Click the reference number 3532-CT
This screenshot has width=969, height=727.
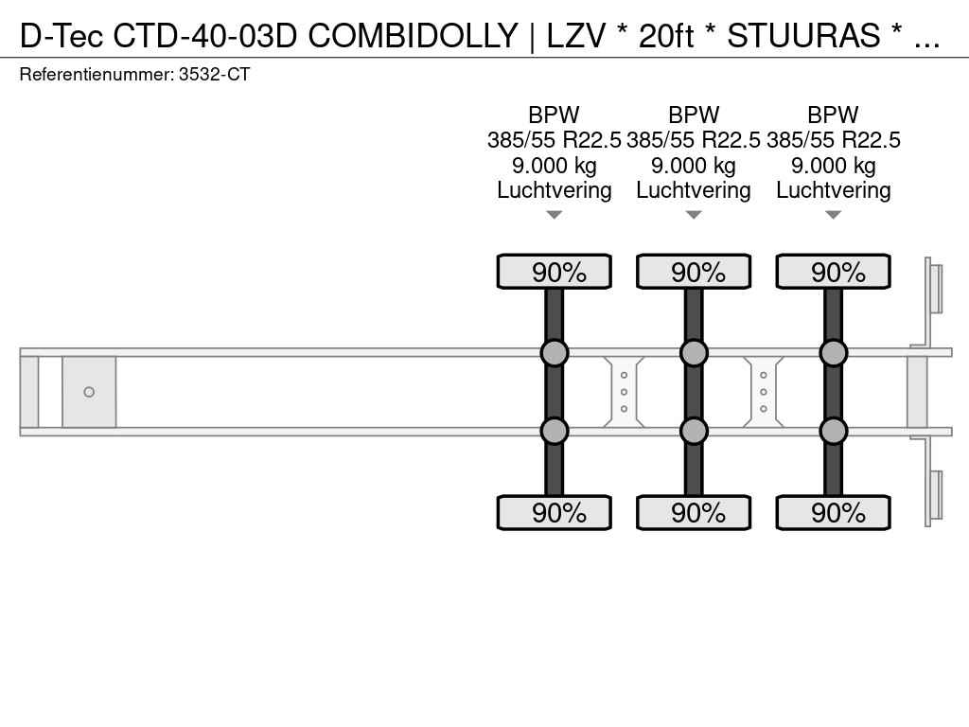[x=214, y=75]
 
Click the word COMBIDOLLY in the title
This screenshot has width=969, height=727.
[x=413, y=36]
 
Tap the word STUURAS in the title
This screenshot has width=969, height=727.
[x=803, y=36]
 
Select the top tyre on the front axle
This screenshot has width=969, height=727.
[x=555, y=272]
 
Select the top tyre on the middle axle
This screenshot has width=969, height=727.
[x=694, y=272]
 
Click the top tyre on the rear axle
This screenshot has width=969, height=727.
[x=833, y=272]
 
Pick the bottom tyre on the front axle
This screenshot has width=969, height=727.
[x=555, y=512]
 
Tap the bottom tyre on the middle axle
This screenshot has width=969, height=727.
[x=694, y=512]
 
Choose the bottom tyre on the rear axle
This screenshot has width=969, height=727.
[x=833, y=512]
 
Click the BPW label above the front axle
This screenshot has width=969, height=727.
[x=554, y=115]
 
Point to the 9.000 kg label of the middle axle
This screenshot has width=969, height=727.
[x=694, y=166]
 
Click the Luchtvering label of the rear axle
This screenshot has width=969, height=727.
[x=833, y=190]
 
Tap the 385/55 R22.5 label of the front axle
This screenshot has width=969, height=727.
[x=554, y=140]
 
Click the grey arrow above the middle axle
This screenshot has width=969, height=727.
[x=694, y=215]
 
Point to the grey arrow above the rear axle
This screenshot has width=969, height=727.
[x=833, y=215]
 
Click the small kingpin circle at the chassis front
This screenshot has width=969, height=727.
[x=89, y=392]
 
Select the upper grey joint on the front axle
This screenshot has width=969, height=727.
[x=555, y=353]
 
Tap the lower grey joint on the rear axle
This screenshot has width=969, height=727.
[x=833, y=431]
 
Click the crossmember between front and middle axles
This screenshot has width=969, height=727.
[x=624, y=392]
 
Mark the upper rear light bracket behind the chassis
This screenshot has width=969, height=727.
[x=933, y=290]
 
